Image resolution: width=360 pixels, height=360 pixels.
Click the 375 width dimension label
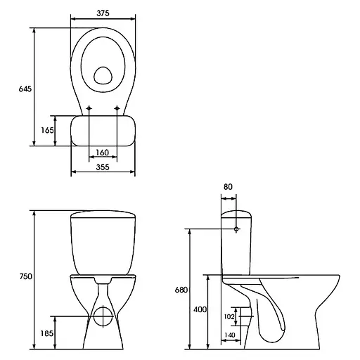pyautogui.click(x=103, y=13)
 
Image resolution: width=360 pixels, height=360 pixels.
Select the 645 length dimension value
pyautogui.click(x=25, y=89)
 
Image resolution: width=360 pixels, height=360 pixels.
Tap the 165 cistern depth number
pyautogui.click(x=47, y=130)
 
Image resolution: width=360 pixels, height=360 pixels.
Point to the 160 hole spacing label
pyautogui.click(x=103, y=153)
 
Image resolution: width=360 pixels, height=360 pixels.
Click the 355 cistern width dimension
pyautogui.click(x=103, y=167)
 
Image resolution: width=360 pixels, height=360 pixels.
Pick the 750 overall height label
pyautogui.click(x=26, y=276)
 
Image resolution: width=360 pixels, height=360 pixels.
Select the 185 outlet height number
pyautogui.click(x=47, y=333)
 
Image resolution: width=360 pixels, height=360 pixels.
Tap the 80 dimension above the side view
pyautogui.click(x=228, y=187)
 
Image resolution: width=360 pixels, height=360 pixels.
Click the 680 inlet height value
pyautogui.click(x=181, y=290)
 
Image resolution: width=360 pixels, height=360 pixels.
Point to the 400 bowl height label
pyautogui.click(x=200, y=309)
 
